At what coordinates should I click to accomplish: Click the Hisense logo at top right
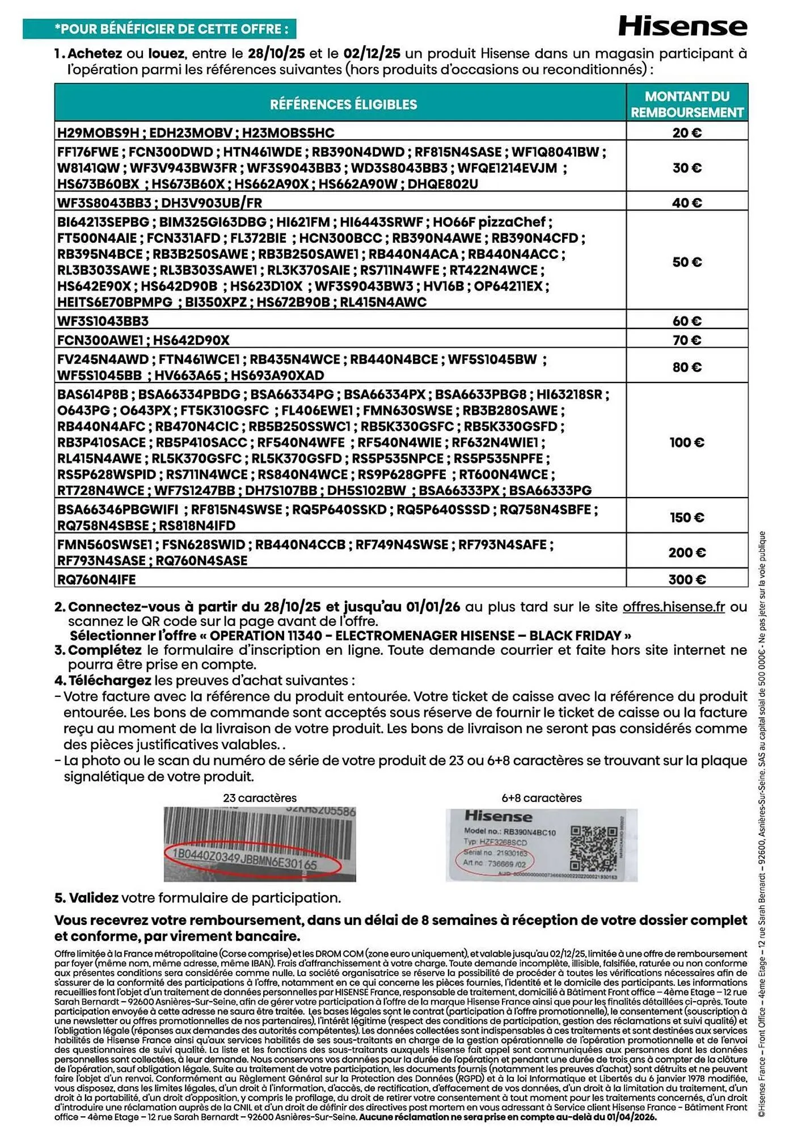point(682,26)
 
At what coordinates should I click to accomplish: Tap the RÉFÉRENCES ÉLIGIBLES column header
point(343,104)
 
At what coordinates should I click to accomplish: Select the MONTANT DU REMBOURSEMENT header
point(687,104)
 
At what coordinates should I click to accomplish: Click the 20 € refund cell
point(687,133)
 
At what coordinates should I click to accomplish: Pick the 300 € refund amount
point(687,579)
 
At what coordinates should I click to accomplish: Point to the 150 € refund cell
point(687,518)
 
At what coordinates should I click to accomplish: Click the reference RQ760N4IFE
point(96,579)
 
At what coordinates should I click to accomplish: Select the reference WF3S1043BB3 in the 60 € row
point(103,321)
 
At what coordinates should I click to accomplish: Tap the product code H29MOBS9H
point(98,133)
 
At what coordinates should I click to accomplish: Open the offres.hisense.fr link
point(673,607)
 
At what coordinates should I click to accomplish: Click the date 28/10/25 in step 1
point(276,54)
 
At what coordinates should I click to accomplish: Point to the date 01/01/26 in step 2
point(433,607)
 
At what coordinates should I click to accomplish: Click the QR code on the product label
point(593,848)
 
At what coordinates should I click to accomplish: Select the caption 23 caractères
point(259,798)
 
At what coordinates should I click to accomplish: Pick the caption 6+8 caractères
point(541,798)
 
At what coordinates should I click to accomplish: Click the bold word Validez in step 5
point(94,898)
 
